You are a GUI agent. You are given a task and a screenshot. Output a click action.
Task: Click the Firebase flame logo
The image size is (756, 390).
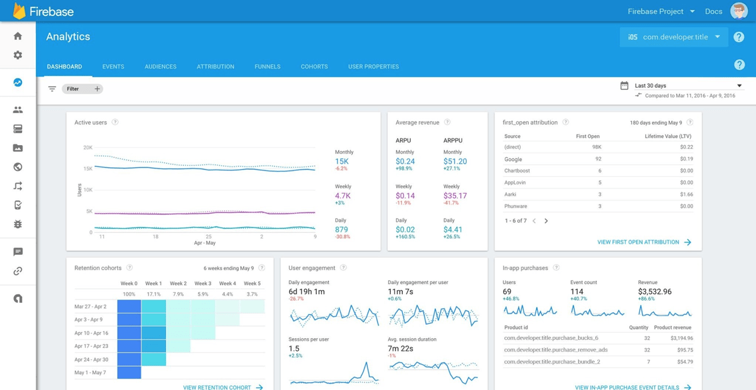(x=19, y=11)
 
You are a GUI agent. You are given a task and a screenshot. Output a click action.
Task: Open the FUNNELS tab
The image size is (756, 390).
(x=267, y=67)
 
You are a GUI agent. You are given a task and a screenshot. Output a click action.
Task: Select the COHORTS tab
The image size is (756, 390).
(x=314, y=67)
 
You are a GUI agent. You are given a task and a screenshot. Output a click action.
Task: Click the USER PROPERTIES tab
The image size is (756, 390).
(x=373, y=67)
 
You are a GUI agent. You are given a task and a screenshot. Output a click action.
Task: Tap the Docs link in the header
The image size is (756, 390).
(x=713, y=11)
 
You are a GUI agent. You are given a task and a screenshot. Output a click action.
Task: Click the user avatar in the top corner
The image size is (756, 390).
(x=739, y=11)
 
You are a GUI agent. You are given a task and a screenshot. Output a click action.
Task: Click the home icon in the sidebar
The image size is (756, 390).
(x=18, y=36)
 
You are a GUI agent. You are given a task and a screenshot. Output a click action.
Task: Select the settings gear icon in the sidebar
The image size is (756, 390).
(x=18, y=55)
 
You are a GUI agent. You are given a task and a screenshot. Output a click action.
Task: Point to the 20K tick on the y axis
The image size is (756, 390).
(x=87, y=148)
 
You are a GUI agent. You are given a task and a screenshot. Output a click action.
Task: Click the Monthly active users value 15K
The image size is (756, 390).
(x=341, y=162)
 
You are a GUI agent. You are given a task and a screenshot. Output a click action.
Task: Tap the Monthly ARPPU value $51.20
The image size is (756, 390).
(x=455, y=162)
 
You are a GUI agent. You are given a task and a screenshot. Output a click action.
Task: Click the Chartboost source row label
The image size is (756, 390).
(x=517, y=171)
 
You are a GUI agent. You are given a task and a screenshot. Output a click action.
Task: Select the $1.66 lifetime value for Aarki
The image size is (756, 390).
(x=686, y=194)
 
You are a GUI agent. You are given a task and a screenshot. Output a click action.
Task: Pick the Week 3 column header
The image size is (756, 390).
(x=203, y=284)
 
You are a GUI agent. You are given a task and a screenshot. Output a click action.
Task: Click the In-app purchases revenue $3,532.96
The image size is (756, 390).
(x=654, y=292)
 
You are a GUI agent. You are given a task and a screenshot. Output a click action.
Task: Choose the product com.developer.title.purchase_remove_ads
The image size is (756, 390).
(x=555, y=350)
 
